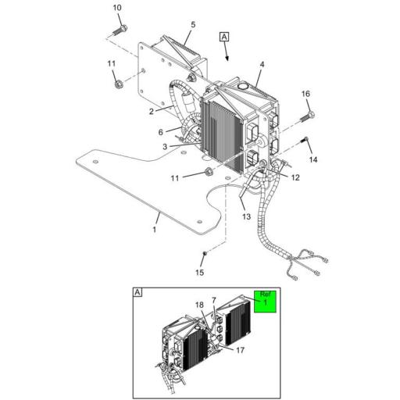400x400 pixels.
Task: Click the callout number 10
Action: tap(117, 8)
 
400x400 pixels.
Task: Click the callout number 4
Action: tap(262, 64)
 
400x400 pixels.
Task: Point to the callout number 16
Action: tap(305, 94)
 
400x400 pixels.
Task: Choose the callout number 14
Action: tap(314, 159)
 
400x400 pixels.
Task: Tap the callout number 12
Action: tap(295, 178)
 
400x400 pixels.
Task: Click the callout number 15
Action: tap(199, 273)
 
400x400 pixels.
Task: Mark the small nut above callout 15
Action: tap(204, 254)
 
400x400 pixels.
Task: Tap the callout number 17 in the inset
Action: tap(241, 350)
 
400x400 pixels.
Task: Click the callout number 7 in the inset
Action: tap(214, 300)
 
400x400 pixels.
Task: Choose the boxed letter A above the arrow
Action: tap(225, 37)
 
